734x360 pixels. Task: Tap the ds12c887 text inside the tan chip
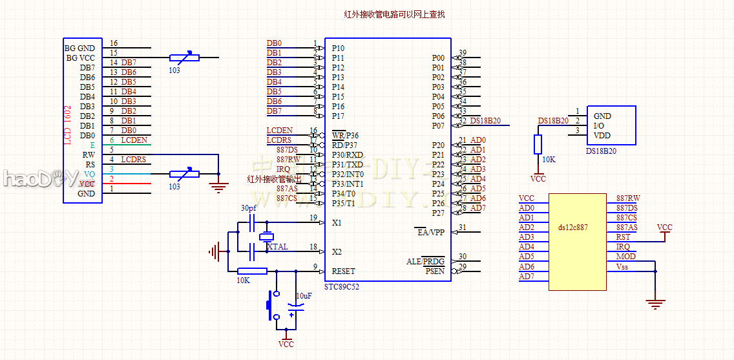[x=573, y=228]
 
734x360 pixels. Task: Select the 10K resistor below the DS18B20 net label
[x=538, y=145]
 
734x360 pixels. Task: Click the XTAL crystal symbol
[x=266, y=237]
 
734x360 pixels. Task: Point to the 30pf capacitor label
[x=248, y=208]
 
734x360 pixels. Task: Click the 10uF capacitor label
[x=304, y=295]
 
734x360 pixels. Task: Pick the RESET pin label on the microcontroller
[x=343, y=271]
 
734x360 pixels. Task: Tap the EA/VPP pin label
[x=430, y=232]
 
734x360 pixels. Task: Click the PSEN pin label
[x=434, y=271]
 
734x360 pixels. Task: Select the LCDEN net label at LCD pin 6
[x=134, y=140]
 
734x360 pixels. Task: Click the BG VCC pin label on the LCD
[x=80, y=58]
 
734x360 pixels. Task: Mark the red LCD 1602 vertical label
[x=68, y=125]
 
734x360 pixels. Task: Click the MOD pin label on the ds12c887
[x=625, y=257]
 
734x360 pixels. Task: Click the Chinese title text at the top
[x=394, y=14]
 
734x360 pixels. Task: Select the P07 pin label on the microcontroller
[x=438, y=126]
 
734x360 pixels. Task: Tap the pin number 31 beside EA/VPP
[x=462, y=228]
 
